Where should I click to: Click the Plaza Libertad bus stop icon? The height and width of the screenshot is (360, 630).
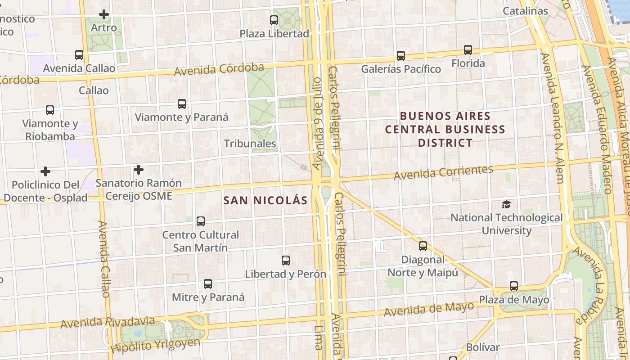(x=274, y=20)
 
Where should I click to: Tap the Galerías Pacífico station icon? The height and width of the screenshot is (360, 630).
(x=400, y=56)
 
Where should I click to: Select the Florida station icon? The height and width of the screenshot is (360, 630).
(x=468, y=50)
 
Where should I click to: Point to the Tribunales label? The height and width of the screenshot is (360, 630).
(x=250, y=144)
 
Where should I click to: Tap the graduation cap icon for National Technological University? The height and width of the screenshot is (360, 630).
(x=506, y=205)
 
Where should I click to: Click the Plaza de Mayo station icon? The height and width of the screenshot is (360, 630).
(x=513, y=286)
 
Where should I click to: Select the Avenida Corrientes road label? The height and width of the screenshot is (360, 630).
(x=443, y=173)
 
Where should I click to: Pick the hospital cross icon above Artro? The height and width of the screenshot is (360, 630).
(x=104, y=14)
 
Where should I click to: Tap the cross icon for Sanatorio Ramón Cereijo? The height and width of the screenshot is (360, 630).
(x=139, y=170)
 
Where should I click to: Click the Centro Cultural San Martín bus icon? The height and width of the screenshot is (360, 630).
(x=201, y=221)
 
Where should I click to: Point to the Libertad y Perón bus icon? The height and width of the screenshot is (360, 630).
(x=285, y=261)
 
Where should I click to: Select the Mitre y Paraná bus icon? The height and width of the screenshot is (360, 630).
(x=207, y=284)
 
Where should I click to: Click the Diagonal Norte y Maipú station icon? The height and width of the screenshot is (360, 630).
(x=423, y=246)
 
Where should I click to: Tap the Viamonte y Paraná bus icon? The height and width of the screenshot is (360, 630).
(x=181, y=104)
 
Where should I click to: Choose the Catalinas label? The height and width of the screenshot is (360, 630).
(x=525, y=11)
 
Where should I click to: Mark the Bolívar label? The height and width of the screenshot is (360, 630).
(x=482, y=347)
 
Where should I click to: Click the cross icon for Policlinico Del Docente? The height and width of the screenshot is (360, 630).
(x=45, y=171)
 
